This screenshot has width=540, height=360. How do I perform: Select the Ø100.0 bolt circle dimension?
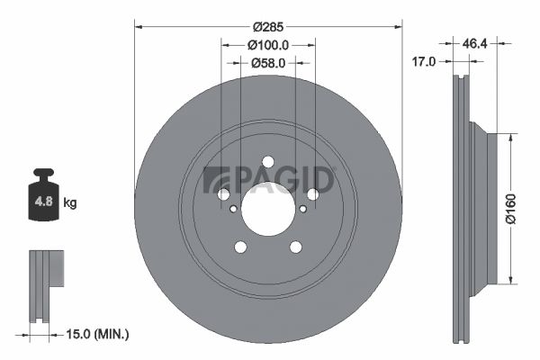[x=268, y=44]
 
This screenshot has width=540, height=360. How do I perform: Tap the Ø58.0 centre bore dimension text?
[x=268, y=63]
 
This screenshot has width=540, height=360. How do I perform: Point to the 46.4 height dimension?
[x=475, y=42]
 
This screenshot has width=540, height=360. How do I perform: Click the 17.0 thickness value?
[x=423, y=61]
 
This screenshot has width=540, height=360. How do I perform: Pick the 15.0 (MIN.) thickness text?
[x=99, y=334]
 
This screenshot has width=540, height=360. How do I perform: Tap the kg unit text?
[x=70, y=203]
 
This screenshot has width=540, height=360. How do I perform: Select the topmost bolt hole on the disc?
[x=268, y=162]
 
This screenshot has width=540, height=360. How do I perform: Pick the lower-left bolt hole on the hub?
[x=240, y=247]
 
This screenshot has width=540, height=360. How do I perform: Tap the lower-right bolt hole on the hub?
[x=295, y=247]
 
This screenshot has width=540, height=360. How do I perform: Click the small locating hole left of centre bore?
[x=233, y=209]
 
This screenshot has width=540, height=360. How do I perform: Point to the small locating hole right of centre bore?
[x=303, y=209]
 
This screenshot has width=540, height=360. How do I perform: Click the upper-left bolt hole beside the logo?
[x=223, y=194]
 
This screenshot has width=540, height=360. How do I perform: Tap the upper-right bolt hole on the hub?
[x=313, y=194]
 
